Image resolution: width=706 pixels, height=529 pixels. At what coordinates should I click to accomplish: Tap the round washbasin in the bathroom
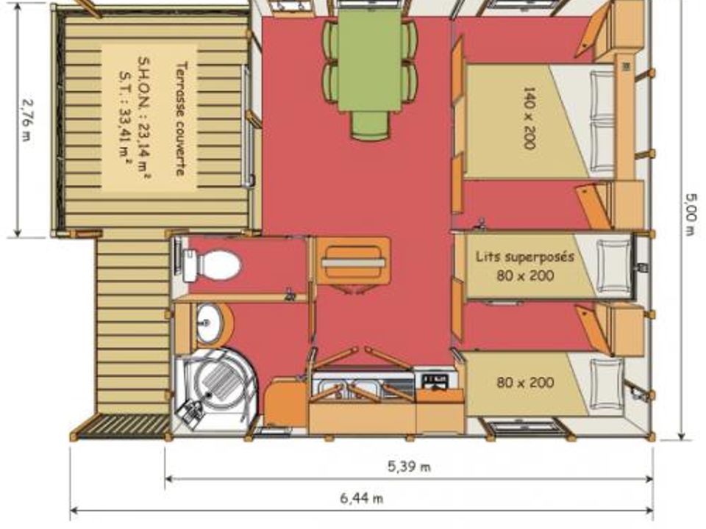[x=210, y=323]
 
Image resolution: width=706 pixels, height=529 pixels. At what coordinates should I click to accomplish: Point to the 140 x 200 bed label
[x=529, y=118]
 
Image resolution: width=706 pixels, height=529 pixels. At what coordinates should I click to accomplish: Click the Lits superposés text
[x=525, y=257]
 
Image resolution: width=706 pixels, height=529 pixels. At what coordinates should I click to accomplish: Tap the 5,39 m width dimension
[x=409, y=467]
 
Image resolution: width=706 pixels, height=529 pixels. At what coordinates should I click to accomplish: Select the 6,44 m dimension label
[x=362, y=498]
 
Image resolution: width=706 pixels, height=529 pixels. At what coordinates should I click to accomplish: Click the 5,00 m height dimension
[x=691, y=214]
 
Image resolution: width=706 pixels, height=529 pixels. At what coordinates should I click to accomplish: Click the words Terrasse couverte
[x=181, y=118]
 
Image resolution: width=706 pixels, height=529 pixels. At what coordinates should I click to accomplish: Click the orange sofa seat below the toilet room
[x=353, y=260]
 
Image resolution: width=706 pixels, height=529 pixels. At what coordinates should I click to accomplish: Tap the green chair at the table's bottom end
[x=369, y=125]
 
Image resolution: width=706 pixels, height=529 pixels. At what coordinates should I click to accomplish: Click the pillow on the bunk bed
[x=614, y=264]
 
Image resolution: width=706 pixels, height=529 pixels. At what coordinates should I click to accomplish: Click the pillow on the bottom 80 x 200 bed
[x=607, y=381]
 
